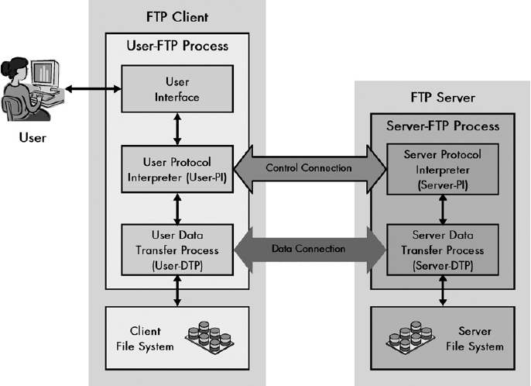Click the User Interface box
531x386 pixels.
coord(177,89)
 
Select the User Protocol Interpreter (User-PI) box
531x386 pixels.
coord(177,169)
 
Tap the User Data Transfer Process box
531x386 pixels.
coord(177,250)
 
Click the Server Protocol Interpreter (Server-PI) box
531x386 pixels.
coord(443,169)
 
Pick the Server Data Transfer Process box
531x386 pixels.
coord(443,250)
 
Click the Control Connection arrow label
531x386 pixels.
coord(309,168)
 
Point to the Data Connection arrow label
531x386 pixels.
coord(309,249)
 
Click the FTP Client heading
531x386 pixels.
coord(177,17)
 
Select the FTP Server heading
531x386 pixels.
coord(443,98)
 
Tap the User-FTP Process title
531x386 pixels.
coord(177,46)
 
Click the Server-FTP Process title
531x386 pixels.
coord(443,126)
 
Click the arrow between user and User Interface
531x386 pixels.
coord(93,89)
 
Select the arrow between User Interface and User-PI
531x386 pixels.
coord(177,129)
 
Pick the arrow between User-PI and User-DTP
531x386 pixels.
coord(177,209)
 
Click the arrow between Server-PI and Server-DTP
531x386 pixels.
coord(443,209)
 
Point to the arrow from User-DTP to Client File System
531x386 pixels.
coord(177,291)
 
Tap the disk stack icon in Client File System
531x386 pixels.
coord(210,337)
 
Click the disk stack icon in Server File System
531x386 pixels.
coord(410,337)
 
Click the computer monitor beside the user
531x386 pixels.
coord(44,74)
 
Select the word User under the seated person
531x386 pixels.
coord(33,138)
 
